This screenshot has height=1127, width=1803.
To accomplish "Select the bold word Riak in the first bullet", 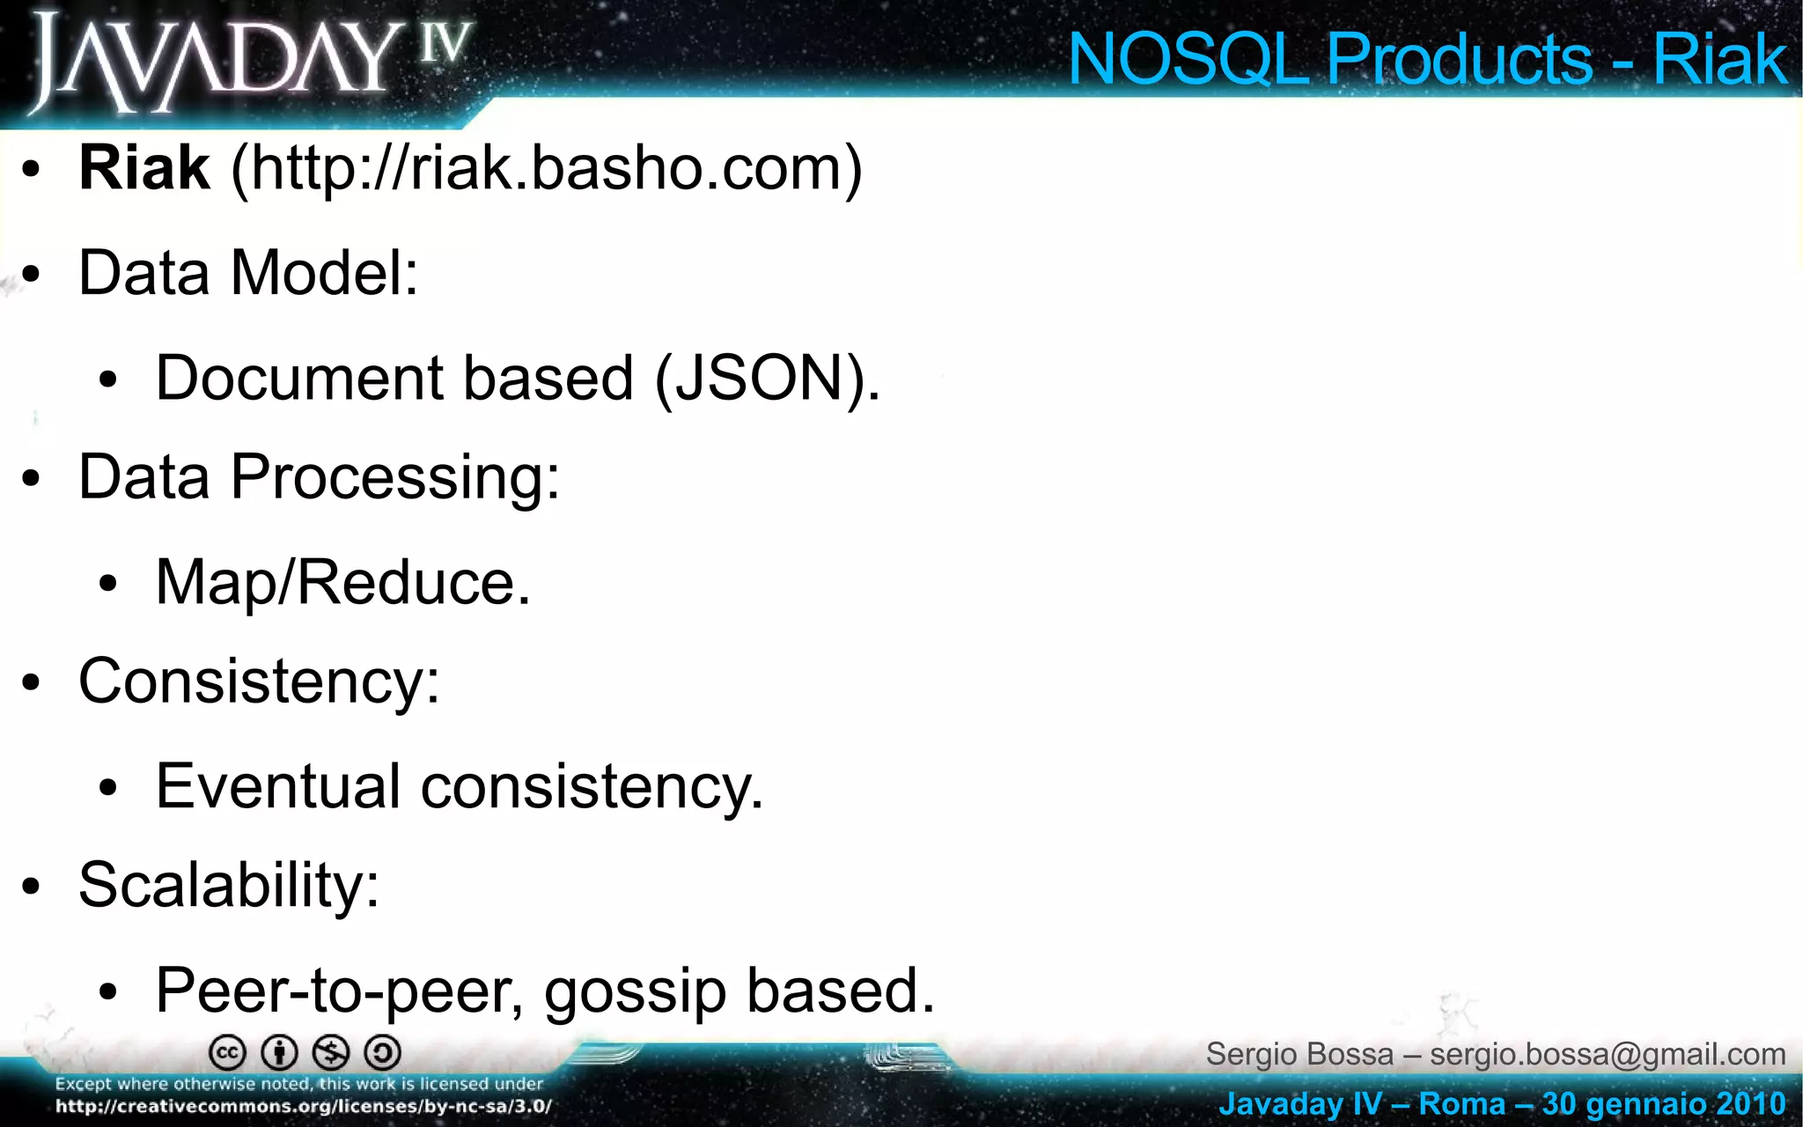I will click(144, 167).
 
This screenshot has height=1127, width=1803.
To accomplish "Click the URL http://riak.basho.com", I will click(546, 167).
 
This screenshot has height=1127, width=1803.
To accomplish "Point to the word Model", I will click(324, 272).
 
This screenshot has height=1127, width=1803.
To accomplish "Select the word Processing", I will click(394, 478).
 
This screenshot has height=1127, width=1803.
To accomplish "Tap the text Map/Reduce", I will click(342, 582).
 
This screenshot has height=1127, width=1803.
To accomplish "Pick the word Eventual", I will click(278, 785).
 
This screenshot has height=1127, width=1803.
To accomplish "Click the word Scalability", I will click(228, 884).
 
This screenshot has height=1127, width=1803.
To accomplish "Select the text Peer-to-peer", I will click(339, 991).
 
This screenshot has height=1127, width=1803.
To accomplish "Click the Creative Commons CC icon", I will click(227, 1053).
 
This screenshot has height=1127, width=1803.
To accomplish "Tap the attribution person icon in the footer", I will click(280, 1053).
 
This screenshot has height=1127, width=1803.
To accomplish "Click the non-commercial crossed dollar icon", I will click(332, 1053).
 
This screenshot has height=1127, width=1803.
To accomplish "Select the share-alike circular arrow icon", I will click(383, 1053).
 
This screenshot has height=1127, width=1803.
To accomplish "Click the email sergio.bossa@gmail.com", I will click(1608, 1054).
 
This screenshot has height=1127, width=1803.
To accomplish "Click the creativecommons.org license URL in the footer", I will click(304, 1107).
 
